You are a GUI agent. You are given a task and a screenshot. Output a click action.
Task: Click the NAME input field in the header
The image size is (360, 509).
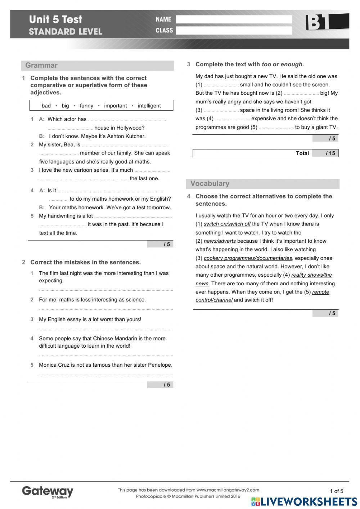[x=234, y=19]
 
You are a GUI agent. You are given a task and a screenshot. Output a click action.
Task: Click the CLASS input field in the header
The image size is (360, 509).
[x=234, y=31]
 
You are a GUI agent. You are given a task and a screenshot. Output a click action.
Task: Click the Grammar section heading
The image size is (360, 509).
[x=41, y=65]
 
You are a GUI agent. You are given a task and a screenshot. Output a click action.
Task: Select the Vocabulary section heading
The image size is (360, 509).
[x=210, y=183]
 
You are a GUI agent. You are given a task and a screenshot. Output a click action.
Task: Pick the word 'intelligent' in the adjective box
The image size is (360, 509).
[x=149, y=106]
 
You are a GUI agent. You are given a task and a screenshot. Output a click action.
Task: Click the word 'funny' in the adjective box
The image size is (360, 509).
[x=86, y=106]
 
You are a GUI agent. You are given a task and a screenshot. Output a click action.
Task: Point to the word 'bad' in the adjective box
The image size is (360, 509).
[x=46, y=106]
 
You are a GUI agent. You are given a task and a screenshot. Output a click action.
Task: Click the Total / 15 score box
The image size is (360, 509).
[x=265, y=153]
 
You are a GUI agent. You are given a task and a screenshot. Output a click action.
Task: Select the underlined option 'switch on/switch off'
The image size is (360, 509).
[x=227, y=224]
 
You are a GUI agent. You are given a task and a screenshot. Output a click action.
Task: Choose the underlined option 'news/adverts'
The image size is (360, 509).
[x=220, y=241]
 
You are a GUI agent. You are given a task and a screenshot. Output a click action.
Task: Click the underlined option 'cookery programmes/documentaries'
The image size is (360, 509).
[x=248, y=258]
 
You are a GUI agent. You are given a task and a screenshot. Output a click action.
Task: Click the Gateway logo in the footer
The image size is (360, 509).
[x=48, y=492]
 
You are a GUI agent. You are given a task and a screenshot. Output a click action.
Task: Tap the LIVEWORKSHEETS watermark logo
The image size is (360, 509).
[x=304, y=501]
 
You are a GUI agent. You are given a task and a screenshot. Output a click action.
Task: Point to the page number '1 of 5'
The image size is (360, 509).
[x=336, y=491]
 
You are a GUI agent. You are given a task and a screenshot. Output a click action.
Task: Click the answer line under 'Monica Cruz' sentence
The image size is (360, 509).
[x=106, y=374]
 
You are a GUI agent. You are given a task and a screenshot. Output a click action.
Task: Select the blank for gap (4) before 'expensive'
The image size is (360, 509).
[x=233, y=119]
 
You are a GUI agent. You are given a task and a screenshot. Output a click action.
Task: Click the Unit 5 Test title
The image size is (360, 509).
[x=56, y=19]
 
